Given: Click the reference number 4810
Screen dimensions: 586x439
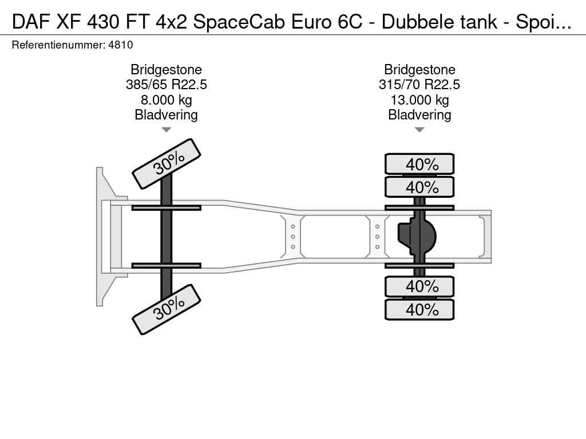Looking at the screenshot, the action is (x=120, y=45).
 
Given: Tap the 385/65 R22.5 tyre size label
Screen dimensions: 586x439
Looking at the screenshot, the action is (x=167, y=85).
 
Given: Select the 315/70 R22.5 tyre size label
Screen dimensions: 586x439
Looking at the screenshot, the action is (x=419, y=85).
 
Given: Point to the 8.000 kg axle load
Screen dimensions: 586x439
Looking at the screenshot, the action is (x=167, y=100).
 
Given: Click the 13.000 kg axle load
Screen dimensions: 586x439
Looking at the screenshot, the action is (x=419, y=100).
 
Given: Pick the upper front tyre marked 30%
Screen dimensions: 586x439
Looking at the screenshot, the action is (x=167, y=164).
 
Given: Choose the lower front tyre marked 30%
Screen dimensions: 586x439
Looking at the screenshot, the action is (x=167, y=309).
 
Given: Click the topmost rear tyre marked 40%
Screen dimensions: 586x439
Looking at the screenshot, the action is (x=419, y=164).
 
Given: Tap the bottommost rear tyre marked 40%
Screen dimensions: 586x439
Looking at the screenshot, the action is (x=419, y=309).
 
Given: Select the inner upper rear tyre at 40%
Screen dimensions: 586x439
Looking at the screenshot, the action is (x=419, y=187).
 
